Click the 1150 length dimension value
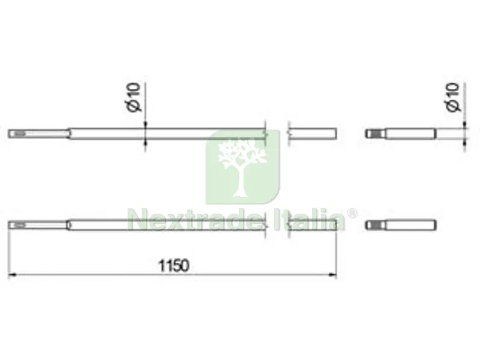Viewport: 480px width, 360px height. (x=173, y=265)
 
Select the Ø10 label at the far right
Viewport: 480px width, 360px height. (x=453, y=97)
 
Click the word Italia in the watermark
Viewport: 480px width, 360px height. (x=310, y=220)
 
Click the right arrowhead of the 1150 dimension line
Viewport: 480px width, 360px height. (x=332, y=275)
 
